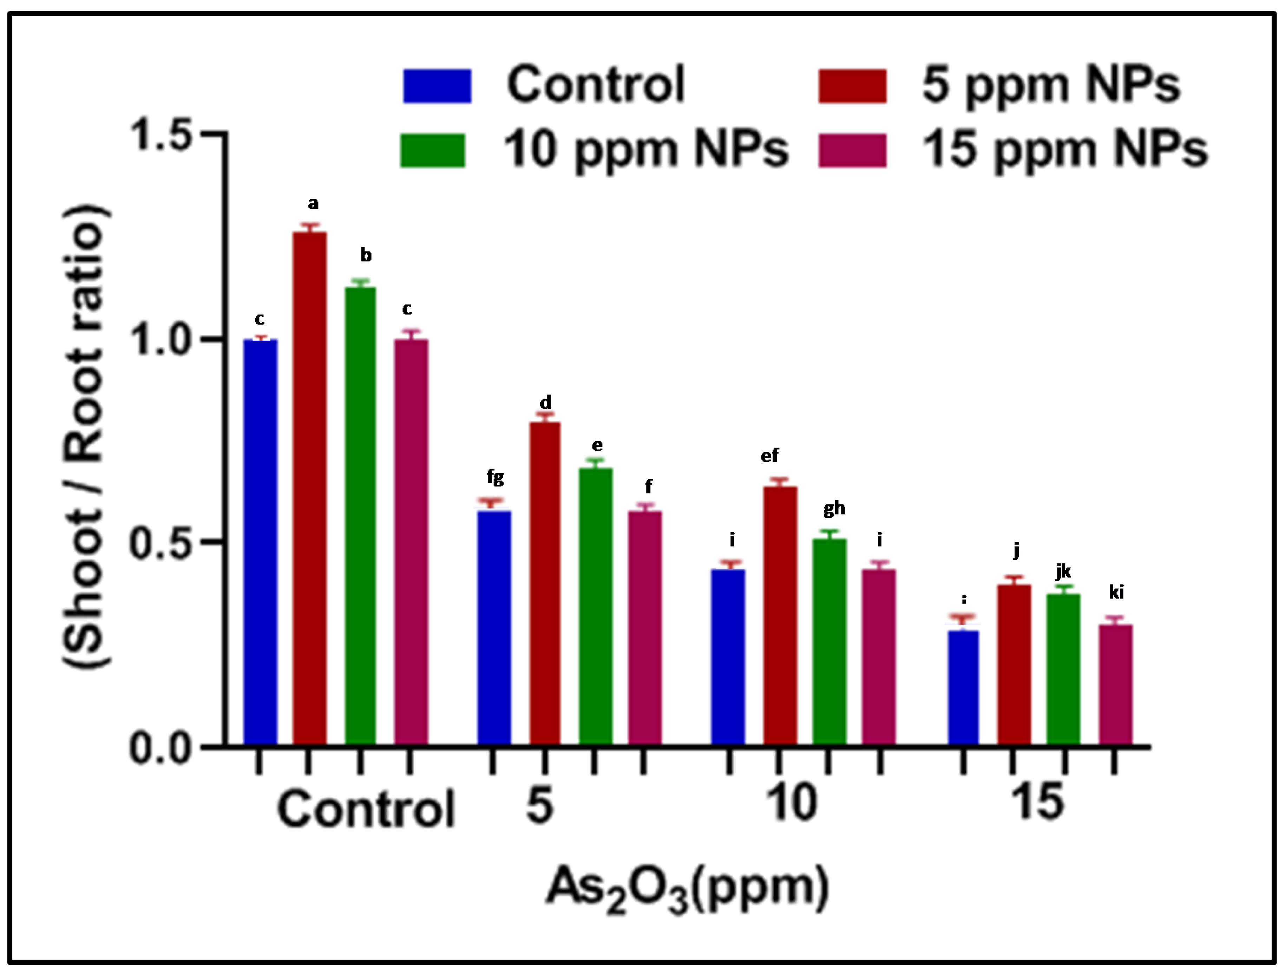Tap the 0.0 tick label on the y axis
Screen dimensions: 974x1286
(161, 749)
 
